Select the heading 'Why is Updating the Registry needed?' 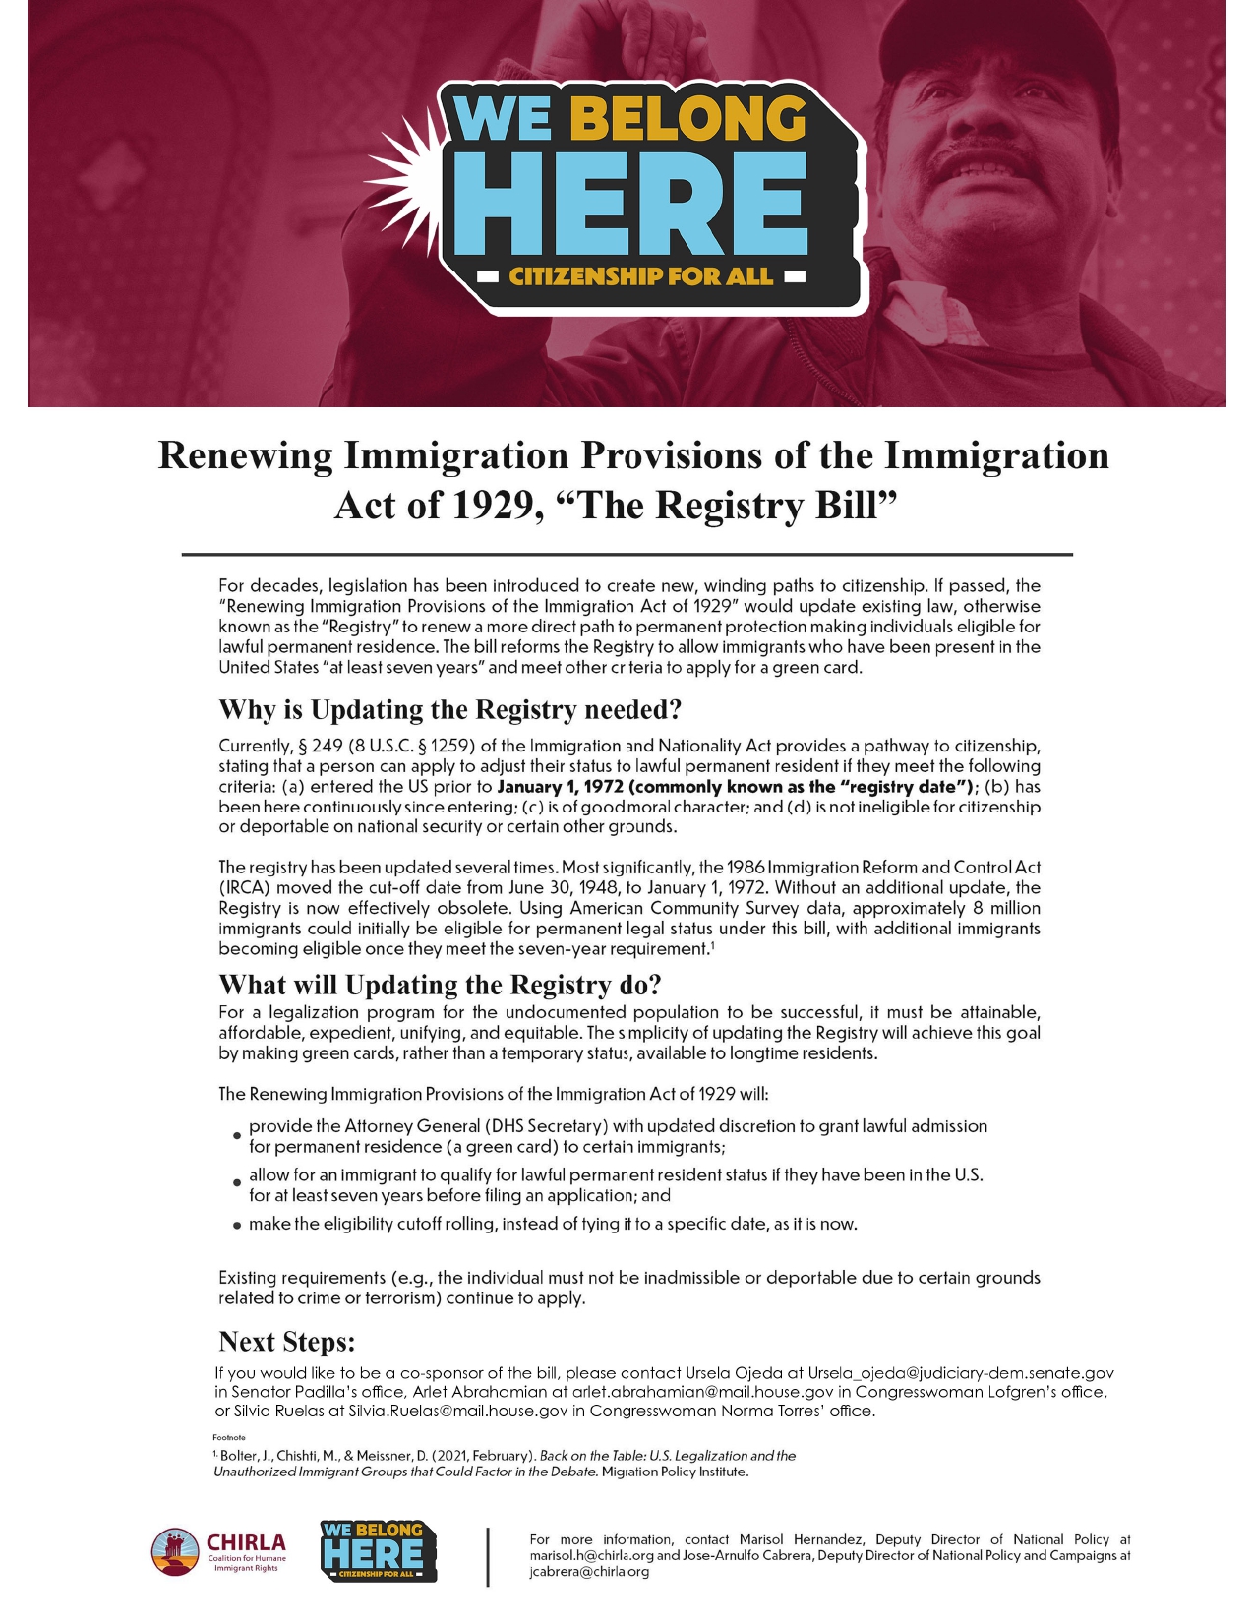449,709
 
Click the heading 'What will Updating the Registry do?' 440,985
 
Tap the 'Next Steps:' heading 286,1342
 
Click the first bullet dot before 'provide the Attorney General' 236,1136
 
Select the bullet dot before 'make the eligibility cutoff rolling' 236,1226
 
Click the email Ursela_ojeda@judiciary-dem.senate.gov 960,1372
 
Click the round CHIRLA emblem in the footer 175,1553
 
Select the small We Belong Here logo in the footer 379,1551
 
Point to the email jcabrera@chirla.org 589,1571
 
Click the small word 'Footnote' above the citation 229,1437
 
